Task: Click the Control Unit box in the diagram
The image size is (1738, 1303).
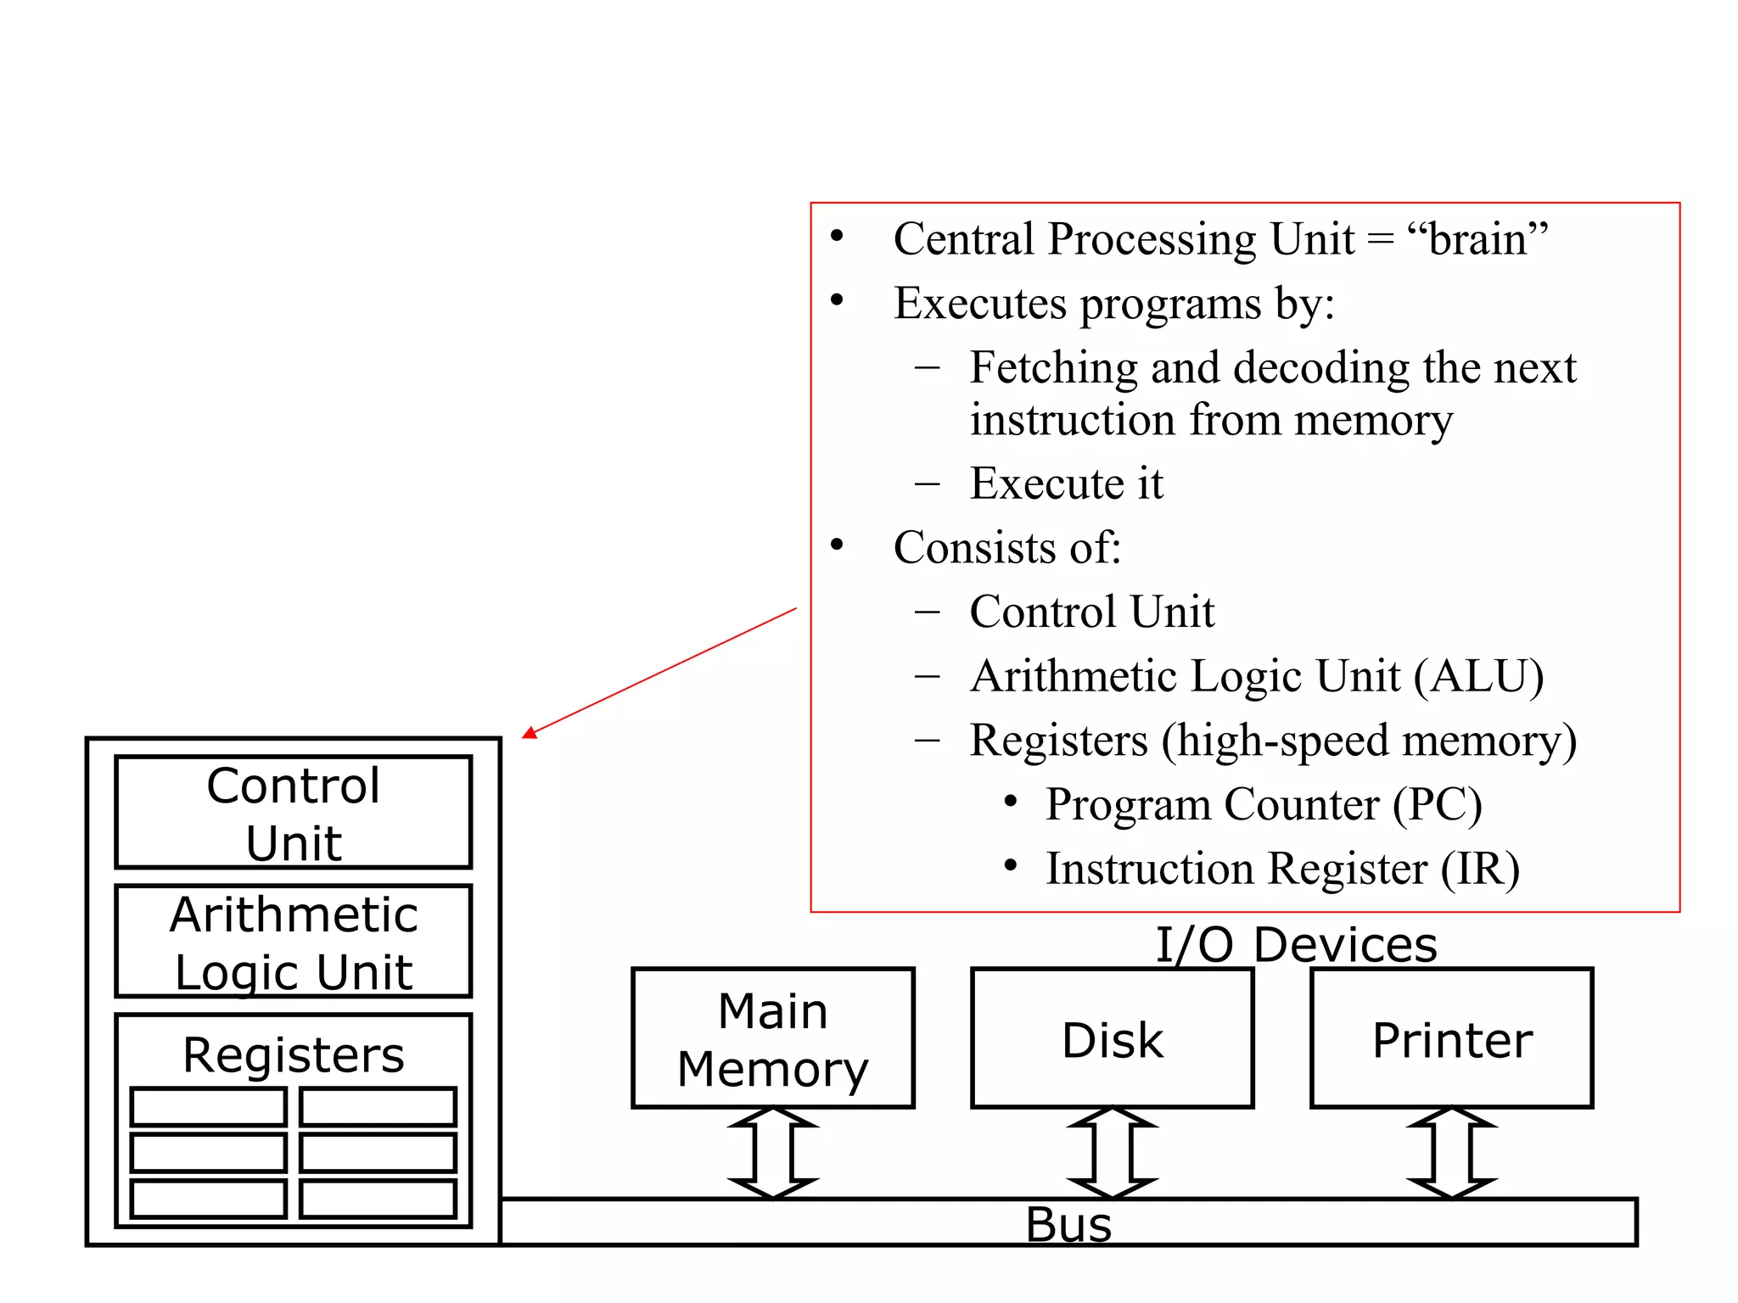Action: (x=293, y=813)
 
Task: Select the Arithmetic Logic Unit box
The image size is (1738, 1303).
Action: (x=293, y=942)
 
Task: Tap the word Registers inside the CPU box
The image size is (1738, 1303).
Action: (x=293, y=1054)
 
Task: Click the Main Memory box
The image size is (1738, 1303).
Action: (x=772, y=1038)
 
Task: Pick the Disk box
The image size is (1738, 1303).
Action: (x=1112, y=1038)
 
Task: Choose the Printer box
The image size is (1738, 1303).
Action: (x=1451, y=1038)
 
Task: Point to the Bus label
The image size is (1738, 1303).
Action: (x=1068, y=1224)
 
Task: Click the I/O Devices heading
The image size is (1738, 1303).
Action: (x=1296, y=944)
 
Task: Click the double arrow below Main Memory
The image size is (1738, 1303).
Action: (x=773, y=1153)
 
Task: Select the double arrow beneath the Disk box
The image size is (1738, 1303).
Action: (x=1112, y=1153)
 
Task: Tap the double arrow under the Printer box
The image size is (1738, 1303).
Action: (x=1451, y=1153)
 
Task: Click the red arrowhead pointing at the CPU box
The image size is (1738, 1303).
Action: (x=530, y=733)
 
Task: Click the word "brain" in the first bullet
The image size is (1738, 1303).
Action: (x=1477, y=239)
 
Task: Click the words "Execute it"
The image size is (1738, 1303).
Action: (x=1066, y=484)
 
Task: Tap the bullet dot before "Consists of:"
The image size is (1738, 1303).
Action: (x=838, y=545)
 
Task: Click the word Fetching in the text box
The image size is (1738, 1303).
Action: (x=1052, y=368)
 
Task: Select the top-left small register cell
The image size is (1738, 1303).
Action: (x=208, y=1107)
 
